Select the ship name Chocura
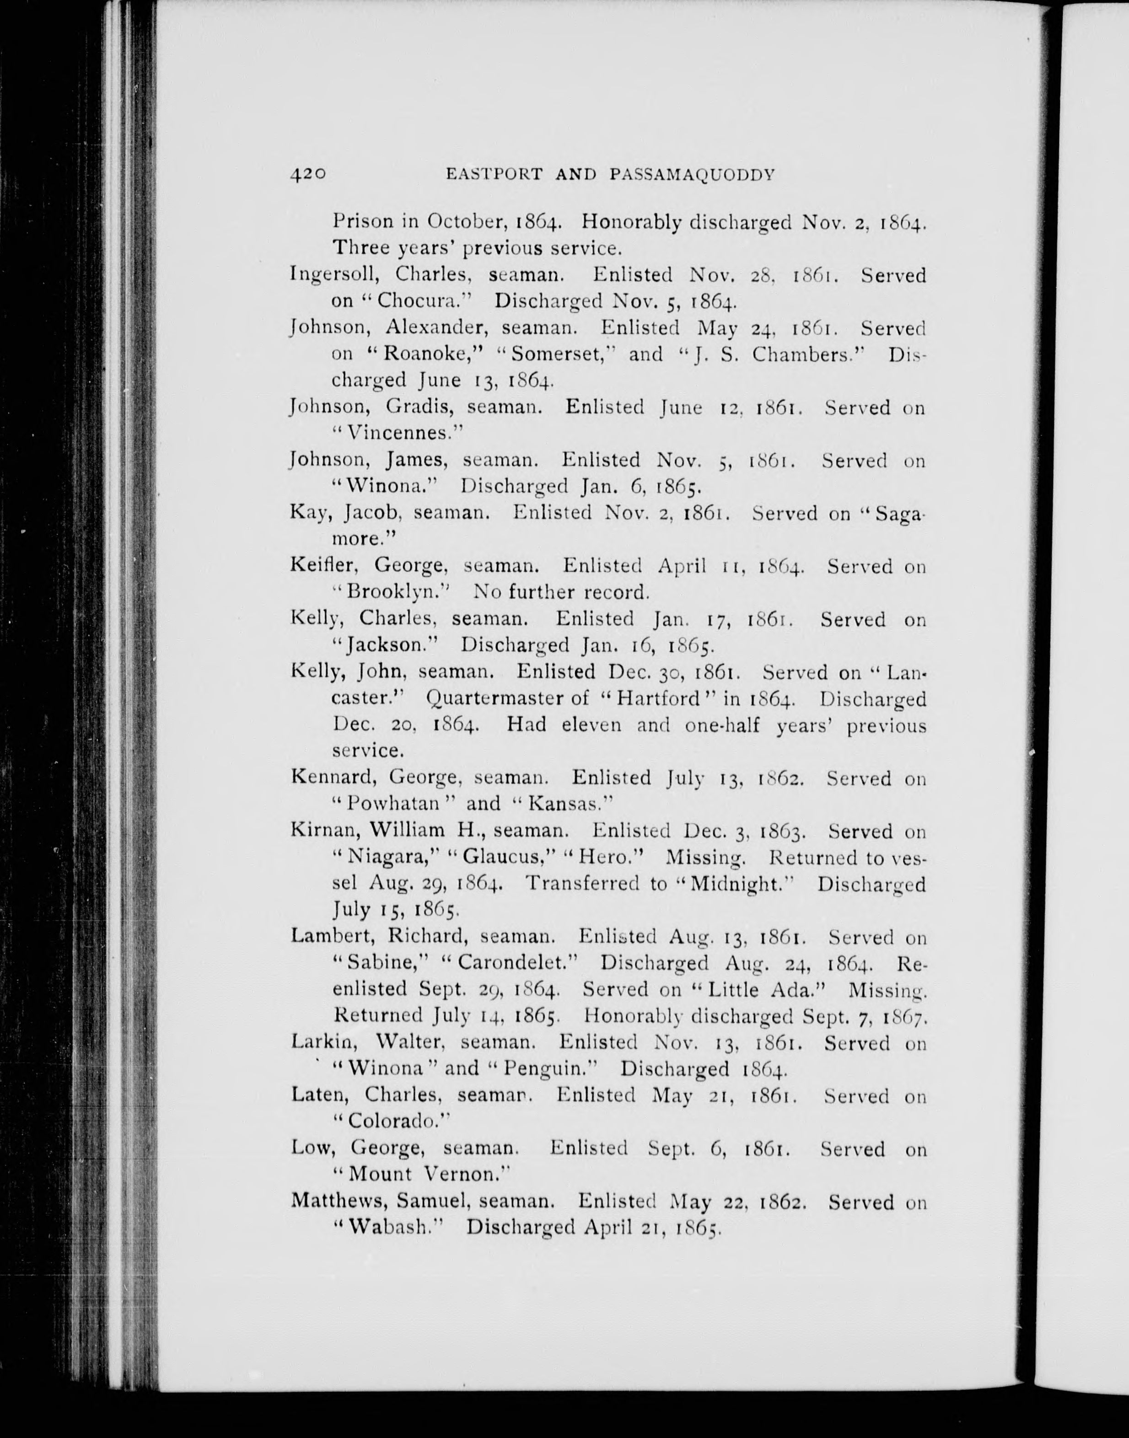pyautogui.click(x=415, y=301)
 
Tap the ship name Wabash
pyautogui.click(x=391, y=1228)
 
